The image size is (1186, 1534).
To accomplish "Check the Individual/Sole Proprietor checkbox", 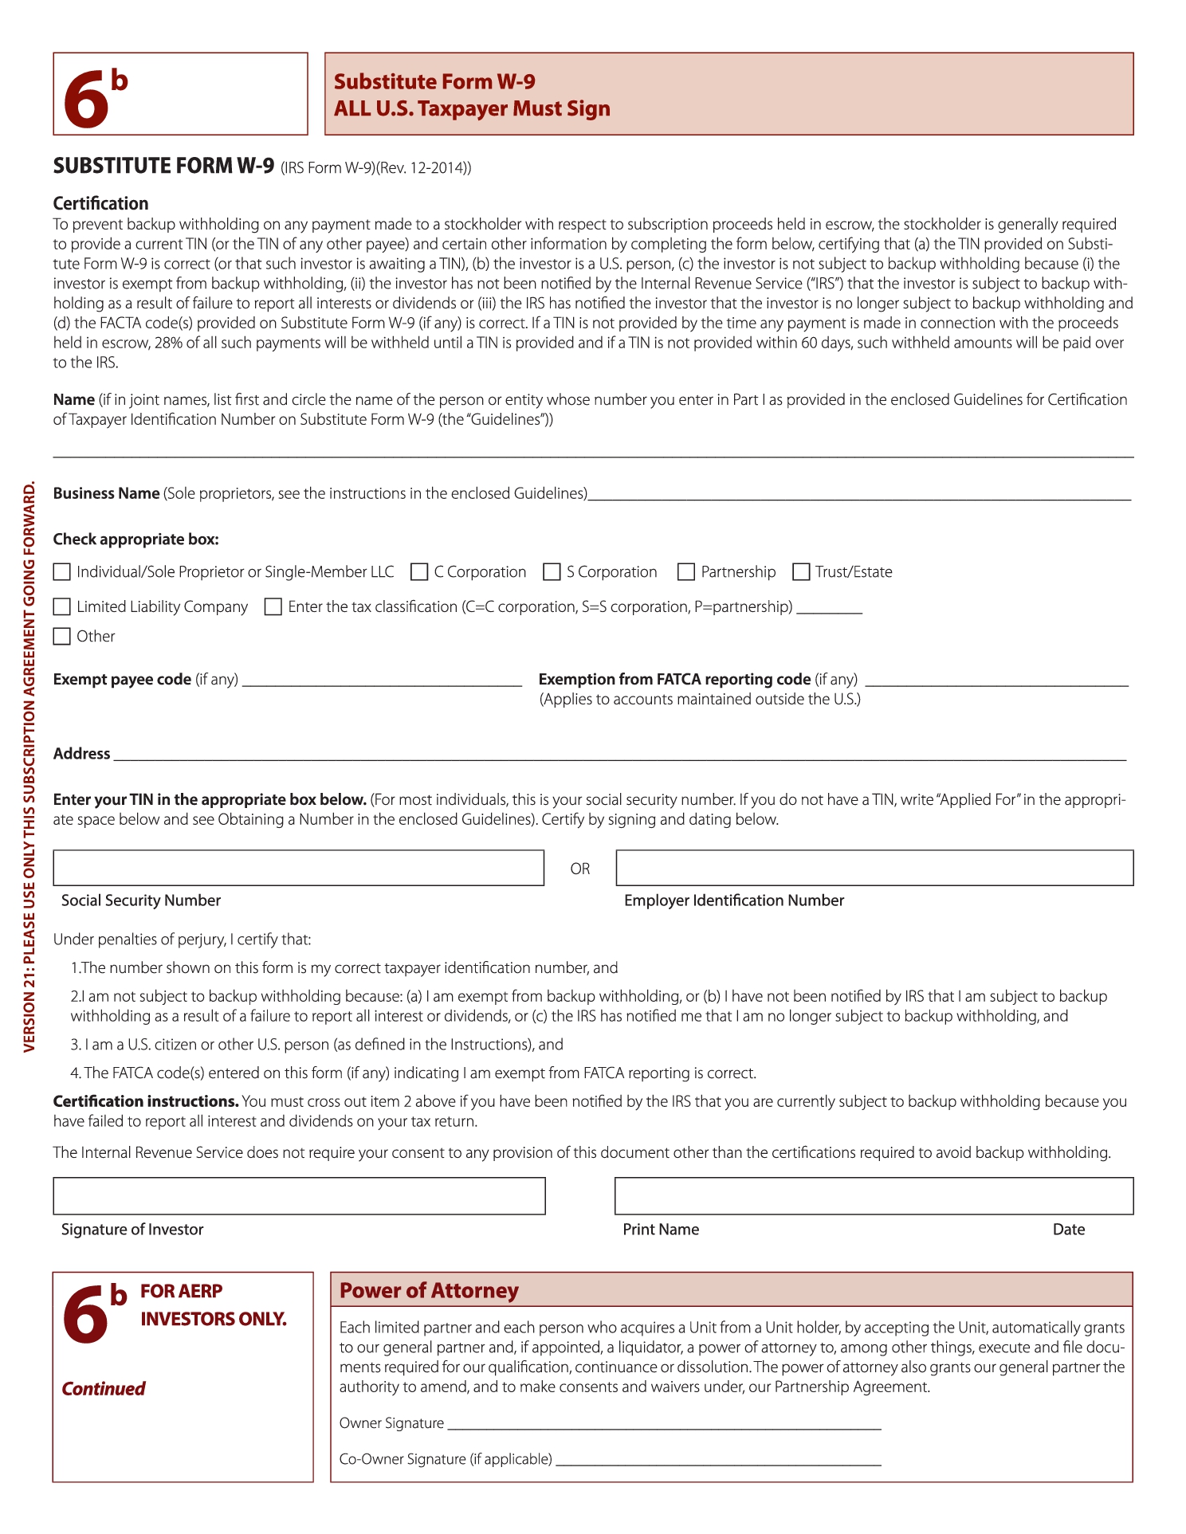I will coord(61,572).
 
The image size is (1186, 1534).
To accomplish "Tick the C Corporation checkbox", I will coord(419,572).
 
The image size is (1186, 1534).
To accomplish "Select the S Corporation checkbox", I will coord(552,572).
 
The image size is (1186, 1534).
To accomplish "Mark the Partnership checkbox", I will coord(685,572).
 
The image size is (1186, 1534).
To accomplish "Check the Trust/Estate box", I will coord(801,572).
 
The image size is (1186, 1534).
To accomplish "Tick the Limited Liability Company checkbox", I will coord(61,607).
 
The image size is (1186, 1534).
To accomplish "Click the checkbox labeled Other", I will coord(61,637).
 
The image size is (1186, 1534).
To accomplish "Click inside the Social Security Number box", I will coord(298,868).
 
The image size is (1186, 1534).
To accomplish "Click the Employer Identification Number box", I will coord(874,868).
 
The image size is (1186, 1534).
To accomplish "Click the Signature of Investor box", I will coord(299,1196).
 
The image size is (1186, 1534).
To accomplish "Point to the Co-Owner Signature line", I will coord(717,1460).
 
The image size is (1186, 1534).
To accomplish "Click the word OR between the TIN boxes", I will coord(580,869).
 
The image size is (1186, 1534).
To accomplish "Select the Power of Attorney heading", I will coord(429,1291).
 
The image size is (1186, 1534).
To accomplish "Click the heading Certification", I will coord(100,203).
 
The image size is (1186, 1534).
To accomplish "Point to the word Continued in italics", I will coord(104,1389).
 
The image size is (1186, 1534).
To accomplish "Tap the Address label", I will coord(81,754).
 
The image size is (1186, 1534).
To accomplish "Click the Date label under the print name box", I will coord(1068,1230).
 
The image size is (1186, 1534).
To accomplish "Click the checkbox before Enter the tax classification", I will coord(273,607).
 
